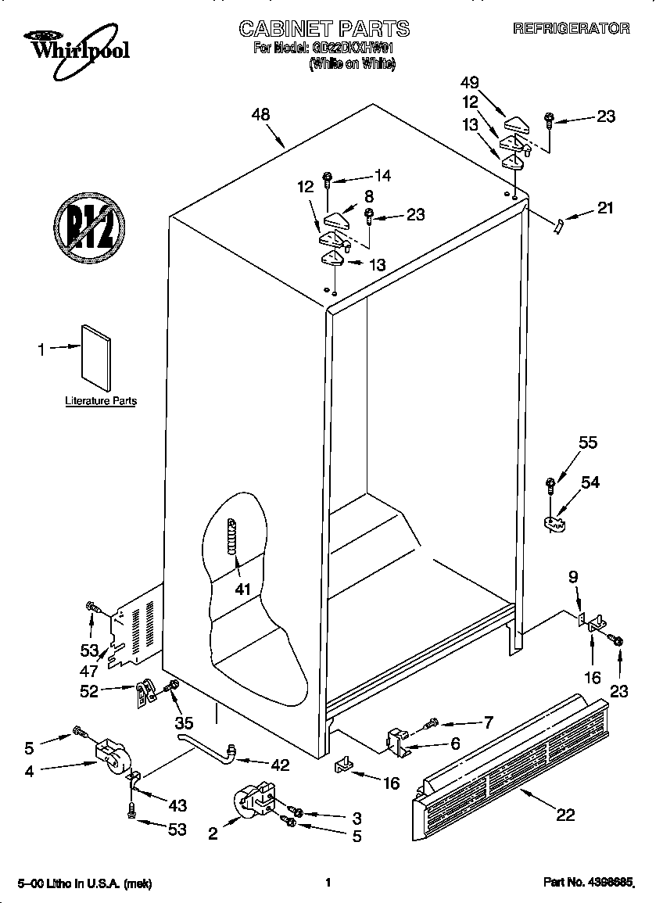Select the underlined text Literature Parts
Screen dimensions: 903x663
point(100,401)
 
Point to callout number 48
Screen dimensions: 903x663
point(260,114)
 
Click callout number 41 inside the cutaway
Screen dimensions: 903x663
point(243,589)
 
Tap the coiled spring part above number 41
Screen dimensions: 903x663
point(231,538)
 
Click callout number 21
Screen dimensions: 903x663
point(605,208)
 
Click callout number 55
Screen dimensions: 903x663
point(587,443)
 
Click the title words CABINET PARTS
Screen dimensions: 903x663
point(324,29)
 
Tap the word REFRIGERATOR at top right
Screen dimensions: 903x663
point(571,28)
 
